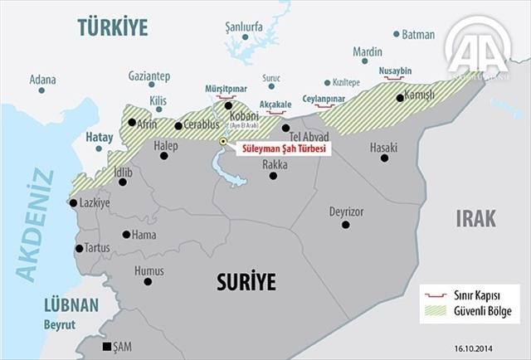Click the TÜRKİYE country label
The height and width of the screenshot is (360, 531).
112,27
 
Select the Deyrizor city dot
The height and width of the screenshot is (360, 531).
346,225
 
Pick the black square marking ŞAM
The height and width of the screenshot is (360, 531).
106,347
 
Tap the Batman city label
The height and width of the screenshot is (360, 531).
417,34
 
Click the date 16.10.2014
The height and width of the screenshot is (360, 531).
494,349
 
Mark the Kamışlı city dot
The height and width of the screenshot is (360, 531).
400,98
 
